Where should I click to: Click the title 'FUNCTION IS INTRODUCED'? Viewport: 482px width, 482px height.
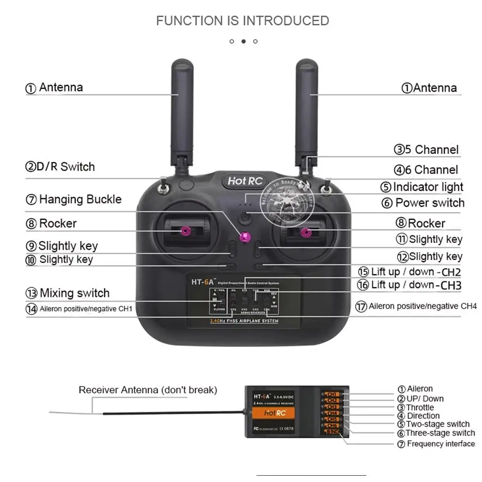[x=242, y=21]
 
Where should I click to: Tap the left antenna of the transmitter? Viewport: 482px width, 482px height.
[x=182, y=111]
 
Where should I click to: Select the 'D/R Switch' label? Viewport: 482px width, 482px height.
[x=60, y=167]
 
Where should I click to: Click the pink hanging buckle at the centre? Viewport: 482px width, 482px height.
[x=245, y=236]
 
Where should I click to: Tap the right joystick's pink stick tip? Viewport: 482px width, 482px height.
[x=305, y=233]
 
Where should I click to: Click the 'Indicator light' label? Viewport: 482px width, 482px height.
[x=422, y=187]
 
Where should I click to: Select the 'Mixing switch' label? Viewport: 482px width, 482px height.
[x=68, y=293]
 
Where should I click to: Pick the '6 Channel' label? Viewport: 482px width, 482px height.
[x=426, y=170]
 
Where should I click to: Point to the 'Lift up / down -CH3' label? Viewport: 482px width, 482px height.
[x=409, y=285]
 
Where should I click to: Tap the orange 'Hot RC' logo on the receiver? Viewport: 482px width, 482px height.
[x=275, y=413]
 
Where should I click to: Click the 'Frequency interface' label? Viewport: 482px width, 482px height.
[x=436, y=444]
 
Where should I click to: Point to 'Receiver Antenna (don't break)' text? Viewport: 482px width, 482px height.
[x=148, y=390]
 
